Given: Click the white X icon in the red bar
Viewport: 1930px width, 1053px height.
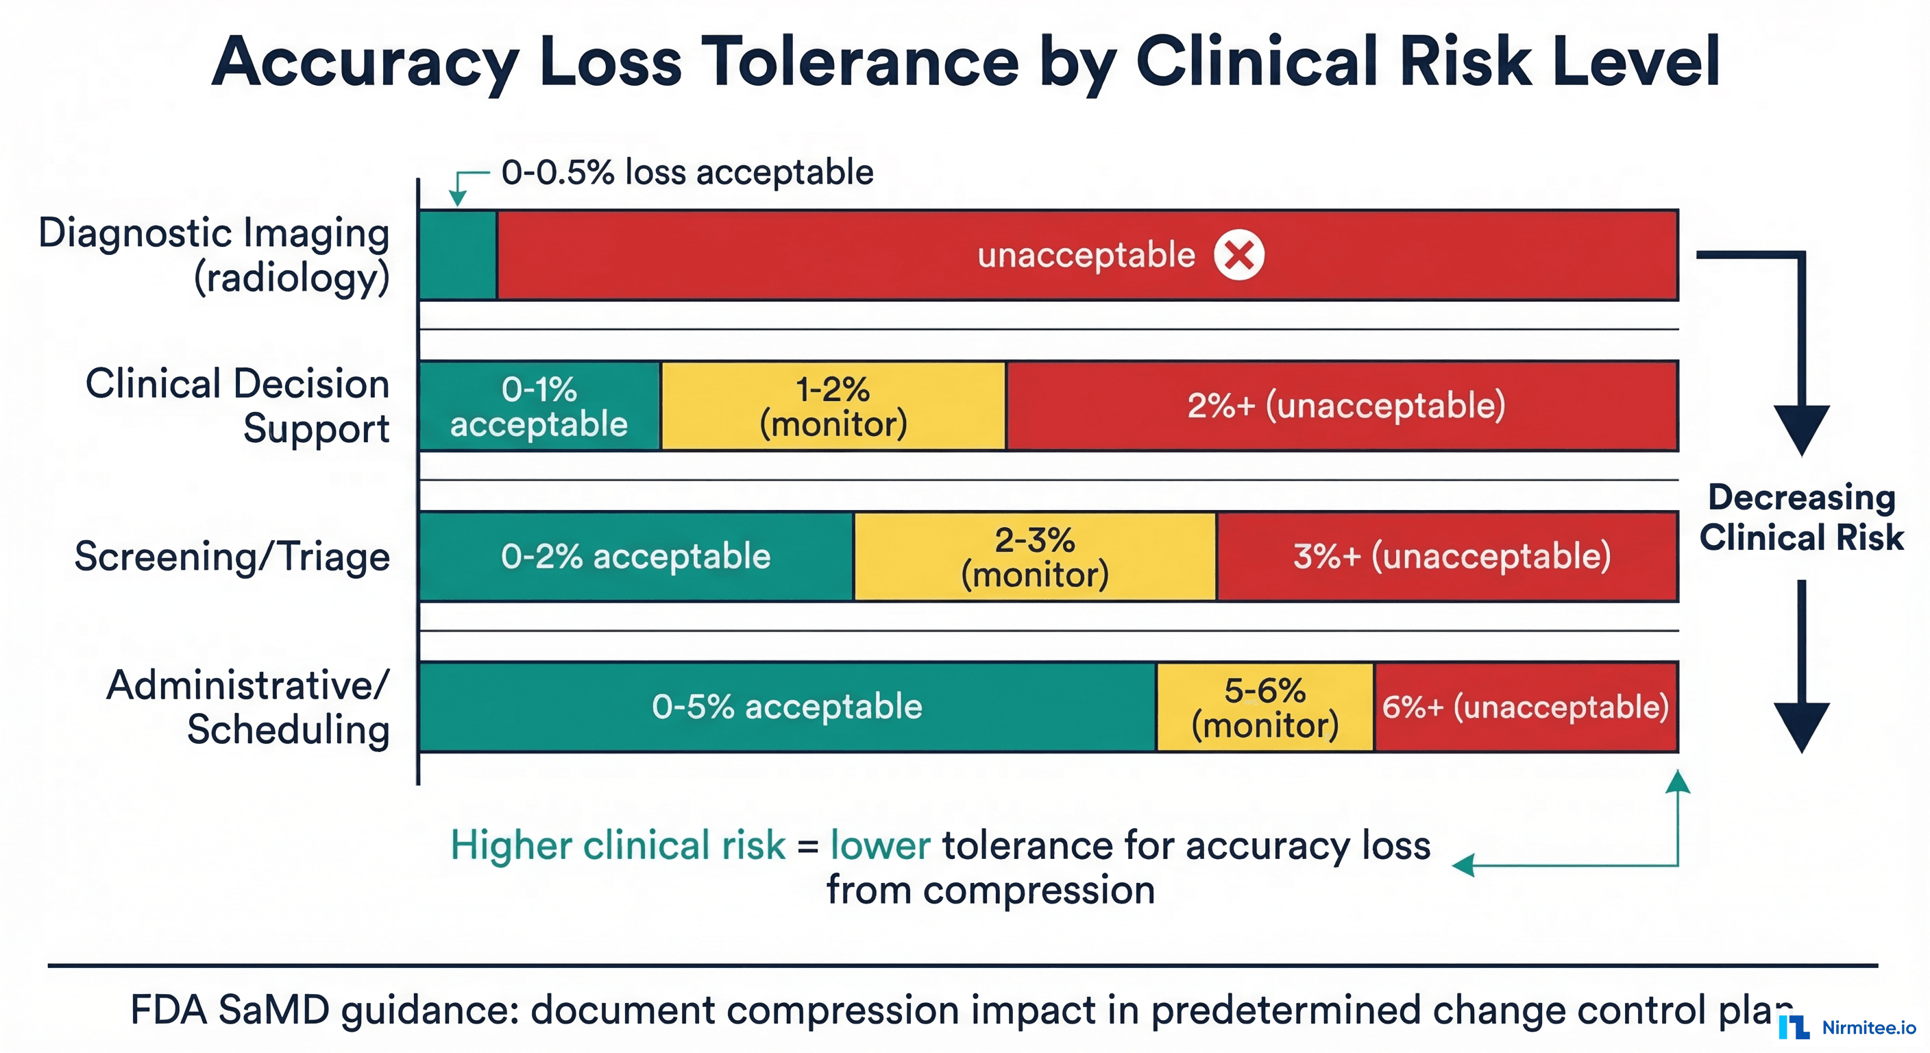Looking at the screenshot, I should pyautogui.click(x=1238, y=255).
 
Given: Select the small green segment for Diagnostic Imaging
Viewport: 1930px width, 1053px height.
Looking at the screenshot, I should pyautogui.click(x=458, y=256).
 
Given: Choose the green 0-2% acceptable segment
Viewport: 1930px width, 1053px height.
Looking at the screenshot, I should pyautogui.click(x=635, y=557).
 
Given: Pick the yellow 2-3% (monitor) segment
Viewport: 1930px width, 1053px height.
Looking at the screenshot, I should pyautogui.click(x=1035, y=557).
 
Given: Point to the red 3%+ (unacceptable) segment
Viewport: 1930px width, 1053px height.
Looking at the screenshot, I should pyautogui.click(x=1450, y=557).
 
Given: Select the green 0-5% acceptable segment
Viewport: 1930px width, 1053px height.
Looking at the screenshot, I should pyautogui.click(x=787, y=707).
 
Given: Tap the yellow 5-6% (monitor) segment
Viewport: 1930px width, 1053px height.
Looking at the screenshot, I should pyautogui.click(x=1265, y=707).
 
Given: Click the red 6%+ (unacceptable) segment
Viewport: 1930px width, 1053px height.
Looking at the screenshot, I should pyautogui.click(x=1526, y=707).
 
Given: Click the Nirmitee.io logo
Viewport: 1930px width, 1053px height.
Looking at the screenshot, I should pyautogui.click(x=1847, y=1027).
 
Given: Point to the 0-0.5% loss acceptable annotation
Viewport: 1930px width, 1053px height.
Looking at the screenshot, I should pyautogui.click(x=686, y=172).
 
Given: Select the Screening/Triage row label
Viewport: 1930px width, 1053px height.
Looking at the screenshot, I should pyautogui.click(x=232, y=557).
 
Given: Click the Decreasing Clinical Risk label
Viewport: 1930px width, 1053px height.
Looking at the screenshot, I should pyautogui.click(x=1801, y=517).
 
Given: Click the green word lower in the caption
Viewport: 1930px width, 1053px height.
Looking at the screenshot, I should pyautogui.click(x=879, y=845).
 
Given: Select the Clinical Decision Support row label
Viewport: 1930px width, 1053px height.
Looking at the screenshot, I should pyautogui.click(x=238, y=405).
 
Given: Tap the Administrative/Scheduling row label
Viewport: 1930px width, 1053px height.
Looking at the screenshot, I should pyautogui.click(x=248, y=707).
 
